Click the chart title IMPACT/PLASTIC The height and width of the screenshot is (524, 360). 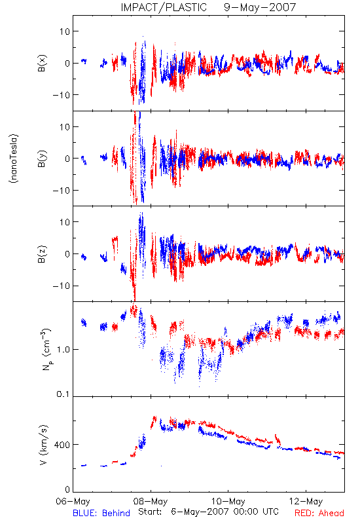tap(164, 7)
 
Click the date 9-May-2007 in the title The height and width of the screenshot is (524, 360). tap(260, 7)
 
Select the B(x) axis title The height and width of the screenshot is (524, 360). tap(42, 63)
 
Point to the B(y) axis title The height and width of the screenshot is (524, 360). tap(42, 159)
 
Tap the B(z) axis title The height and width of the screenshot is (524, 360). tap(42, 254)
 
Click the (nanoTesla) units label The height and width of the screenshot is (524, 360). tap(14, 159)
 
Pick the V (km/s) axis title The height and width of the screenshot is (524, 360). tap(43, 445)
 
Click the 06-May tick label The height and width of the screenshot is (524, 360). tap(73, 501)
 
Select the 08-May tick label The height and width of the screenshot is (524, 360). tap(151, 501)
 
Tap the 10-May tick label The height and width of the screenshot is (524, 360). tap(228, 501)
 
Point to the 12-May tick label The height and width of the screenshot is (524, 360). tap(306, 501)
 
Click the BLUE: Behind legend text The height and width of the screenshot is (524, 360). tap(101, 513)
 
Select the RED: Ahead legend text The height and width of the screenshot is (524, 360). tap(319, 513)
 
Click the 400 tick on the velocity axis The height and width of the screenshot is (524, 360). tap(62, 445)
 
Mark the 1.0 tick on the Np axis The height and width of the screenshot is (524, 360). tap(63, 350)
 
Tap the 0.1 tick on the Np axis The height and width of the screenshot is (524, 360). tap(63, 394)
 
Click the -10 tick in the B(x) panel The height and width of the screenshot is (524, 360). tap(61, 95)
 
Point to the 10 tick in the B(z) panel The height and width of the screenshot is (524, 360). tap(65, 222)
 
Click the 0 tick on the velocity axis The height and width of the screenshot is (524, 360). tap(68, 489)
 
